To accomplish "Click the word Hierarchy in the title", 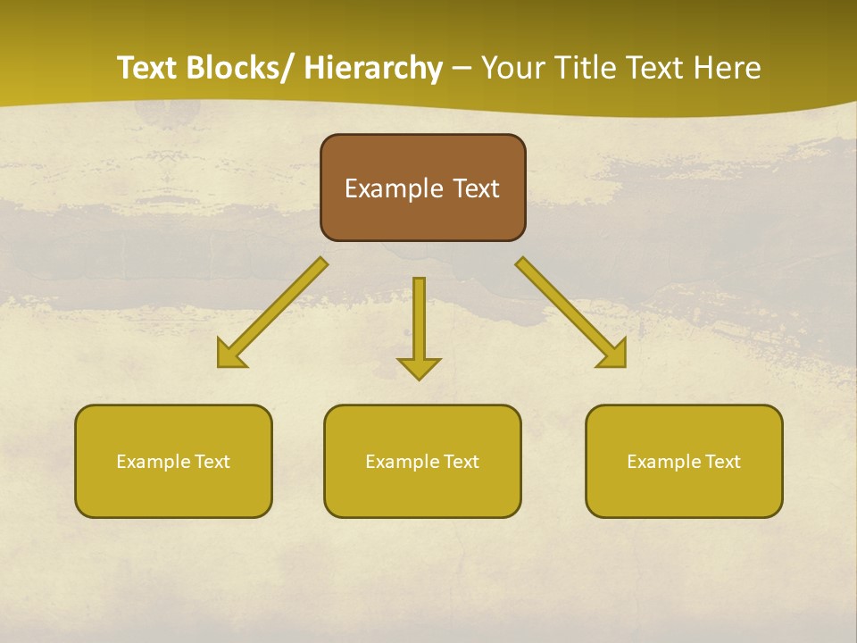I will click(373, 69).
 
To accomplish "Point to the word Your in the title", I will click(512, 69).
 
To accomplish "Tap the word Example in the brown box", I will click(393, 189).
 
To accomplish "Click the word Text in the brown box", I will click(476, 189).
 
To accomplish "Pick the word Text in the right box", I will click(722, 462).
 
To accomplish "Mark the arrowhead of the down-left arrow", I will click(231, 355).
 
